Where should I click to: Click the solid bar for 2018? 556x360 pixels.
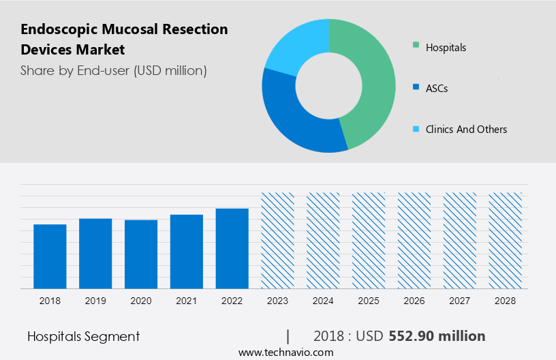tap(50, 256)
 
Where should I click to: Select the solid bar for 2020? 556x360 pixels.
tap(141, 254)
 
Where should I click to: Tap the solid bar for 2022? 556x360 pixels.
tap(232, 248)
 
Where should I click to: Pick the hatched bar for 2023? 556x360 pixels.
tap(278, 240)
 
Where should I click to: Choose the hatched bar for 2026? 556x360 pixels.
tap(414, 240)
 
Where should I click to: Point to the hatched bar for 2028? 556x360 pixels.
tap(506, 240)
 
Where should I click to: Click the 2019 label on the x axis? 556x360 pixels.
tap(95, 301)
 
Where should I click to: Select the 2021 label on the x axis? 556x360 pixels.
tap(187, 301)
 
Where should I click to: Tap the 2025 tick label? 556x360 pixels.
tap(369, 301)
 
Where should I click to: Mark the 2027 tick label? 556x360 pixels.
tap(460, 301)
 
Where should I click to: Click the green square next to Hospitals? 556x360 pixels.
tap(416, 47)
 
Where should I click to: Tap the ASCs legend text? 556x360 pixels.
tap(437, 88)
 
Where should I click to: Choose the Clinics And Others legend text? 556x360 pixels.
tap(466, 129)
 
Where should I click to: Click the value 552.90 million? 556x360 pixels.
tap(437, 336)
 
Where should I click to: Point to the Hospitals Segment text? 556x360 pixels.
tap(83, 336)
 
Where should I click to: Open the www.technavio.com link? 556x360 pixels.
tap(285, 352)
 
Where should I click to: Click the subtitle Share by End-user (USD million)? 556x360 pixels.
tap(113, 70)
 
